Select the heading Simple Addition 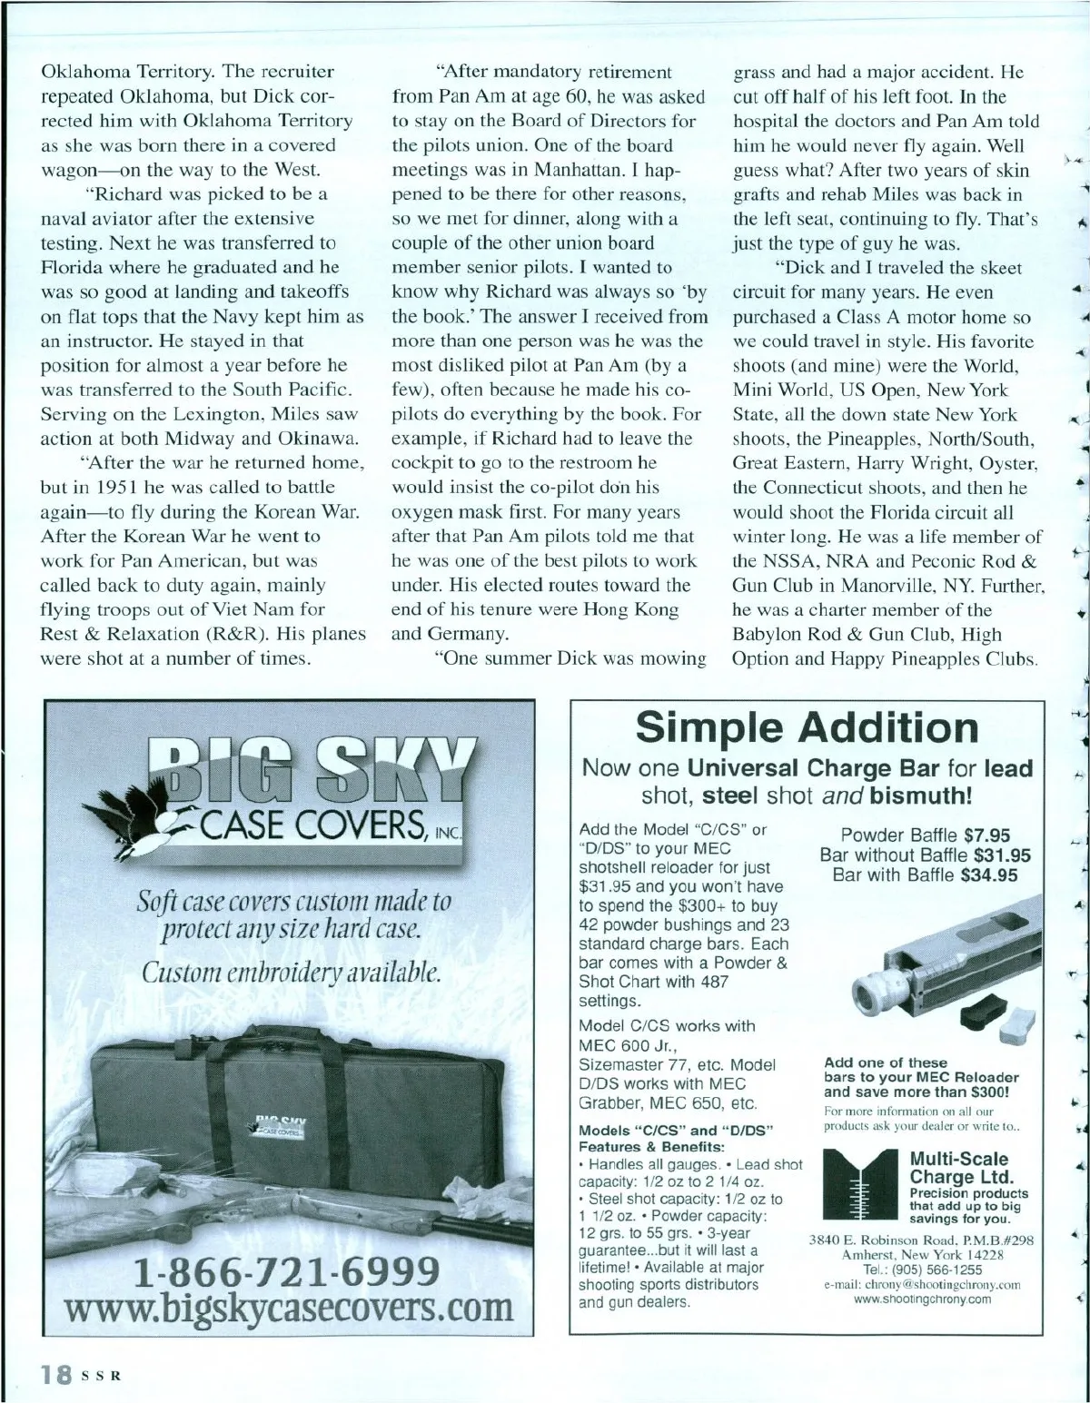click(x=807, y=728)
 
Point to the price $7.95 click(x=986, y=835)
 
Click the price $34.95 click(x=989, y=875)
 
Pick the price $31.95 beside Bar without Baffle click(x=1002, y=855)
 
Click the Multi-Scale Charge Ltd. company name click(x=959, y=1168)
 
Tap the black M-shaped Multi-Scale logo click(x=859, y=1185)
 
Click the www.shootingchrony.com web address click(x=922, y=1299)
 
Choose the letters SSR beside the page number click(x=102, y=1376)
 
